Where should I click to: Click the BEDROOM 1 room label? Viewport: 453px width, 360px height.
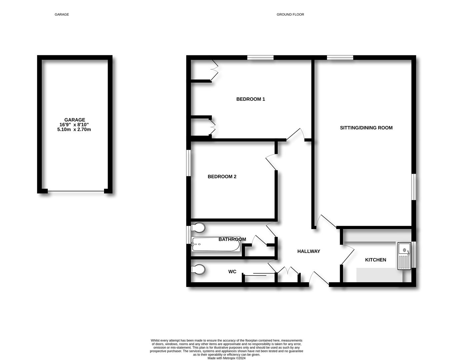point(250,99)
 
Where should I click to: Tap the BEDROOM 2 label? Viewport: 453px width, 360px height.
point(222,177)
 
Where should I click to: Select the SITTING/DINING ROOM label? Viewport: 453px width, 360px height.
point(366,128)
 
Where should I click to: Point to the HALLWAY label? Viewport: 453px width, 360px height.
point(309,251)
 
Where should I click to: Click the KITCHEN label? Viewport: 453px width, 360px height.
point(376,260)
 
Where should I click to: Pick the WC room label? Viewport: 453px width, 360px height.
point(232,272)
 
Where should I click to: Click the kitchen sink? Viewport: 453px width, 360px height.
point(404,256)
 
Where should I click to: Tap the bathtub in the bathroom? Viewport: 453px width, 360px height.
point(216,244)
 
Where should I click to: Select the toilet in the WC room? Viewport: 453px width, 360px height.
point(198,269)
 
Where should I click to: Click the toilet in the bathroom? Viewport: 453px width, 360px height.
point(198,228)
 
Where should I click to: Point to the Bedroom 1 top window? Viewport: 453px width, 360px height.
point(260,57)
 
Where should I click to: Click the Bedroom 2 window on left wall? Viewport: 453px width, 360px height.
point(189,163)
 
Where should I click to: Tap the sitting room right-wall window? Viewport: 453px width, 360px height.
point(414,187)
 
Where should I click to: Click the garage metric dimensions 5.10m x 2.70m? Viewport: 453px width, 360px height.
point(74,130)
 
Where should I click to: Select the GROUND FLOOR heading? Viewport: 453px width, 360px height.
point(290,15)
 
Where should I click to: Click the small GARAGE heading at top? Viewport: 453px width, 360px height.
point(62,15)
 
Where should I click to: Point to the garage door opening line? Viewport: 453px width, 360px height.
point(76,191)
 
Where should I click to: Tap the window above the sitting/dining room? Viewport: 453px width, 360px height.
point(340,57)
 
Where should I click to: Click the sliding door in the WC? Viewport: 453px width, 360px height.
point(260,274)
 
